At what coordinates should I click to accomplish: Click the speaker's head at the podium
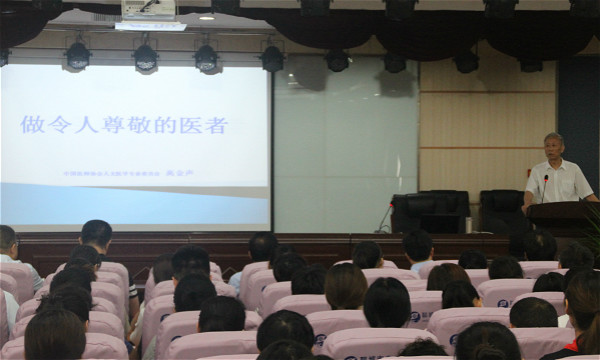tap(553, 146)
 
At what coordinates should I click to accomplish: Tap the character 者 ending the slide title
tap(216, 125)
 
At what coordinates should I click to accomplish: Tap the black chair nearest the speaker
tap(500, 211)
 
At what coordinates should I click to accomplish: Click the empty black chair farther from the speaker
tap(430, 211)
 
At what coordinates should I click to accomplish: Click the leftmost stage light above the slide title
tap(77, 56)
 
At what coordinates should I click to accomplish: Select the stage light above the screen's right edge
tap(271, 59)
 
